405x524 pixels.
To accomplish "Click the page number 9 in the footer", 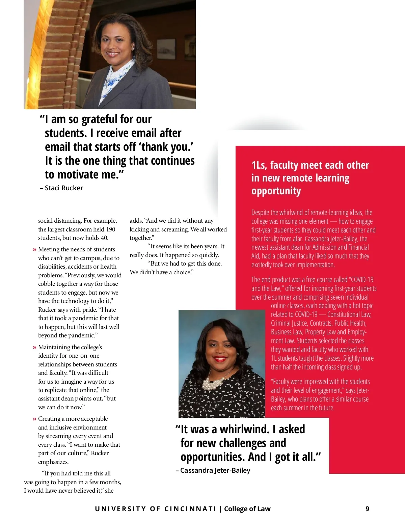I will pyautogui.click(x=367, y=509).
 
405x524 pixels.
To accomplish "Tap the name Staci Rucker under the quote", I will pyautogui.click(x=64, y=188).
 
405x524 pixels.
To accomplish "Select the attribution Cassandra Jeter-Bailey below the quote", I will pyautogui.click(x=215, y=470).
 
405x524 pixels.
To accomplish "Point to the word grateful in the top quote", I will pyautogui.click(x=100, y=119).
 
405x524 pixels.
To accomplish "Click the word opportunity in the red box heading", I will pyautogui.click(x=276, y=191).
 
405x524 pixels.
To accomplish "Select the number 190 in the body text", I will pyautogui.click(x=110, y=229).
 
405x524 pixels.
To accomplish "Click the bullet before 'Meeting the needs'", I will pyautogui.click(x=34, y=250).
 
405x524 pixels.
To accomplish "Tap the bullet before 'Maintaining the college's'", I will pyautogui.click(x=34, y=348).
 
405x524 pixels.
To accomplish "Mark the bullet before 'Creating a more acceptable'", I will pyautogui.click(x=34, y=419).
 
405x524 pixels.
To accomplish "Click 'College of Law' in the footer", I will pyautogui.click(x=247, y=509).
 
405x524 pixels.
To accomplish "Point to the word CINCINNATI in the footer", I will pyautogui.click(x=190, y=509).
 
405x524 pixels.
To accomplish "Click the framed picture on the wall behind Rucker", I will pyautogui.click(x=166, y=49).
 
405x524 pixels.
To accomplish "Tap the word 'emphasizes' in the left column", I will pyautogui.click(x=53, y=462).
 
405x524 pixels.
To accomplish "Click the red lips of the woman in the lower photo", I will pyautogui.click(x=220, y=359).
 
